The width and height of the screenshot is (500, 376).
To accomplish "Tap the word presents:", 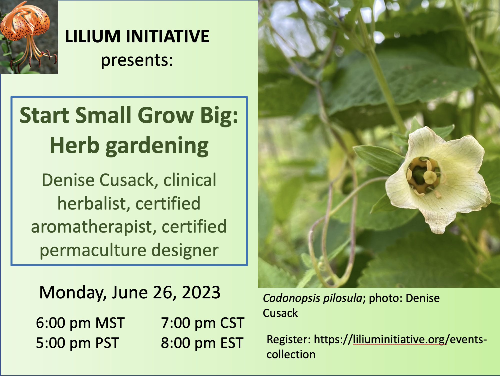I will (x=137, y=60).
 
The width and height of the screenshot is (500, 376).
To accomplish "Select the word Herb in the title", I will (x=74, y=146).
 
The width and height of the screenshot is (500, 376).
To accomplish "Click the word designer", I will (x=185, y=250).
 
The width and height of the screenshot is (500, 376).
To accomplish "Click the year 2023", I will (x=201, y=292).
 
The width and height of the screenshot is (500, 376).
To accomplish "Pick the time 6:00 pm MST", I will (x=80, y=323).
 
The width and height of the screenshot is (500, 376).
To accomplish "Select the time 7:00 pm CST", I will (x=202, y=323).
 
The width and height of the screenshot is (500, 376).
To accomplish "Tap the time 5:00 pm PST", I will (x=77, y=343).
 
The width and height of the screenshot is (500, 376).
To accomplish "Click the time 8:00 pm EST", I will (x=202, y=343).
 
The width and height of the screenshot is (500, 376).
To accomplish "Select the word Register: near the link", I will (x=288, y=340).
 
